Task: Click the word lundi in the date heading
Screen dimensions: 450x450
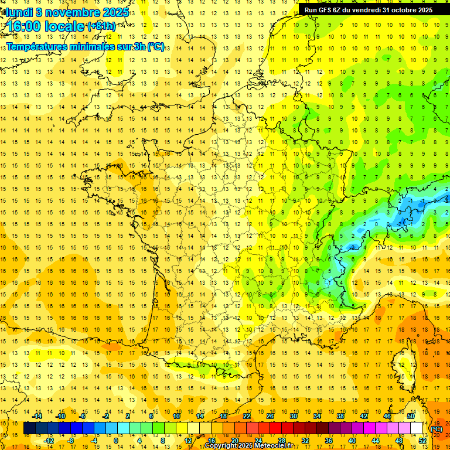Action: coord(18,11)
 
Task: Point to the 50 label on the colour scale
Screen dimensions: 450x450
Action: coord(411,415)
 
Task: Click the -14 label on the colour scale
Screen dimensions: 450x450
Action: coord(39,415)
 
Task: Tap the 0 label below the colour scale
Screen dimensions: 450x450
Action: coord(115,441)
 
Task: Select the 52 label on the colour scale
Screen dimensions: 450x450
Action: coord(422,441)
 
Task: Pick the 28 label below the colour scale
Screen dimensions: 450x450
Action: coord(282,441)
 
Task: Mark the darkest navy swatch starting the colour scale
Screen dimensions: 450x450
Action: coord(29,428)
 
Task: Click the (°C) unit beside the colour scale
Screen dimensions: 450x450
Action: coord(437,428)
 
